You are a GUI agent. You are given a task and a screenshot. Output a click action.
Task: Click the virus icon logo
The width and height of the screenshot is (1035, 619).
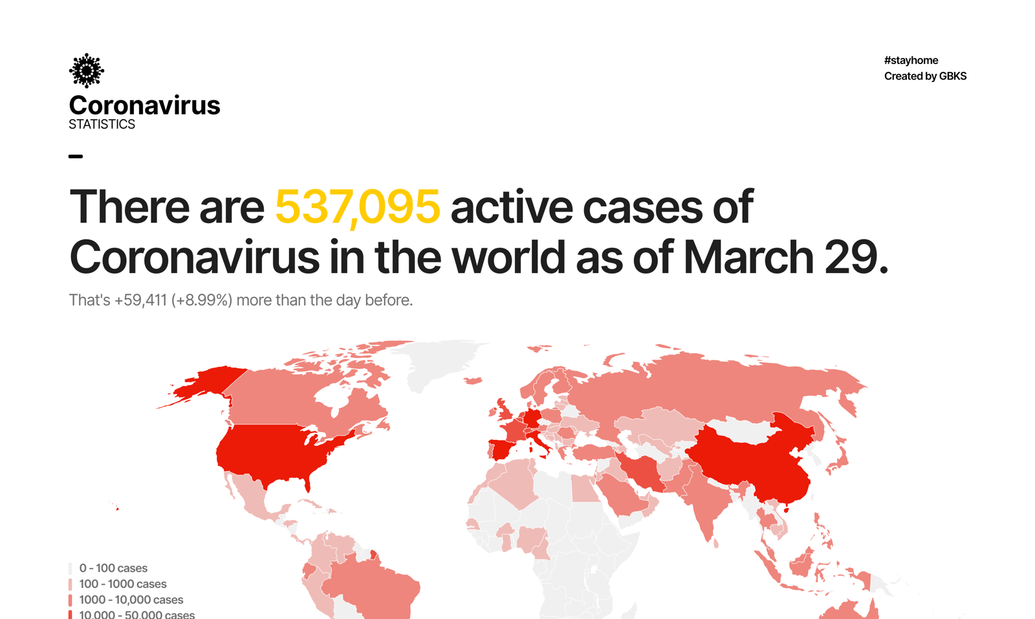click(x=86, y=71)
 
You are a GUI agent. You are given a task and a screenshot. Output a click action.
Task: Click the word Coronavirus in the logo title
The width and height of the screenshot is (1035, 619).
click(x=144, y=105)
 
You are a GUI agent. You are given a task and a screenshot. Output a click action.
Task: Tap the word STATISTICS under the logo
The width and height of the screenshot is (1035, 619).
click(x=102, y=124)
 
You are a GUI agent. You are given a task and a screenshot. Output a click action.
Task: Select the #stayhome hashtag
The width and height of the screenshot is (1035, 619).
click(x=911, y=60)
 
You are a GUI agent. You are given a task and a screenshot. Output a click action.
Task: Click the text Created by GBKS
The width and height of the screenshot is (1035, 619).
click(x=925, y=76)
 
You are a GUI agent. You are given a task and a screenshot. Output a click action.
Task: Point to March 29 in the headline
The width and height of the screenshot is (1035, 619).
click(x=785, y=257)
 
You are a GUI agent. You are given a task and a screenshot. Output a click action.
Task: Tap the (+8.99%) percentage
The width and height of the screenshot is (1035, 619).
click(x=201, y=300)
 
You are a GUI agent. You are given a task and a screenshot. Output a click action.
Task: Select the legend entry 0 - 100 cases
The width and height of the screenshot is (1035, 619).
click(x=113, y=568)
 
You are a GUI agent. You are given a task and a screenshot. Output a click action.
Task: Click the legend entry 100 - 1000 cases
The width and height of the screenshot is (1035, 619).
click(x=122, y=584)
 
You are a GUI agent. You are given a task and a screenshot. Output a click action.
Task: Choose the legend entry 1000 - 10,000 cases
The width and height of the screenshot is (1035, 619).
click(x=131, y=600)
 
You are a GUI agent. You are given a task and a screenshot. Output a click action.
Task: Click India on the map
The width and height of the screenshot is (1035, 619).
click(x=708, y=501)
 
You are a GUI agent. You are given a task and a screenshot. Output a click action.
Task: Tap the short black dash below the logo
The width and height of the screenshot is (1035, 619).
click(x=76, y=156)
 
